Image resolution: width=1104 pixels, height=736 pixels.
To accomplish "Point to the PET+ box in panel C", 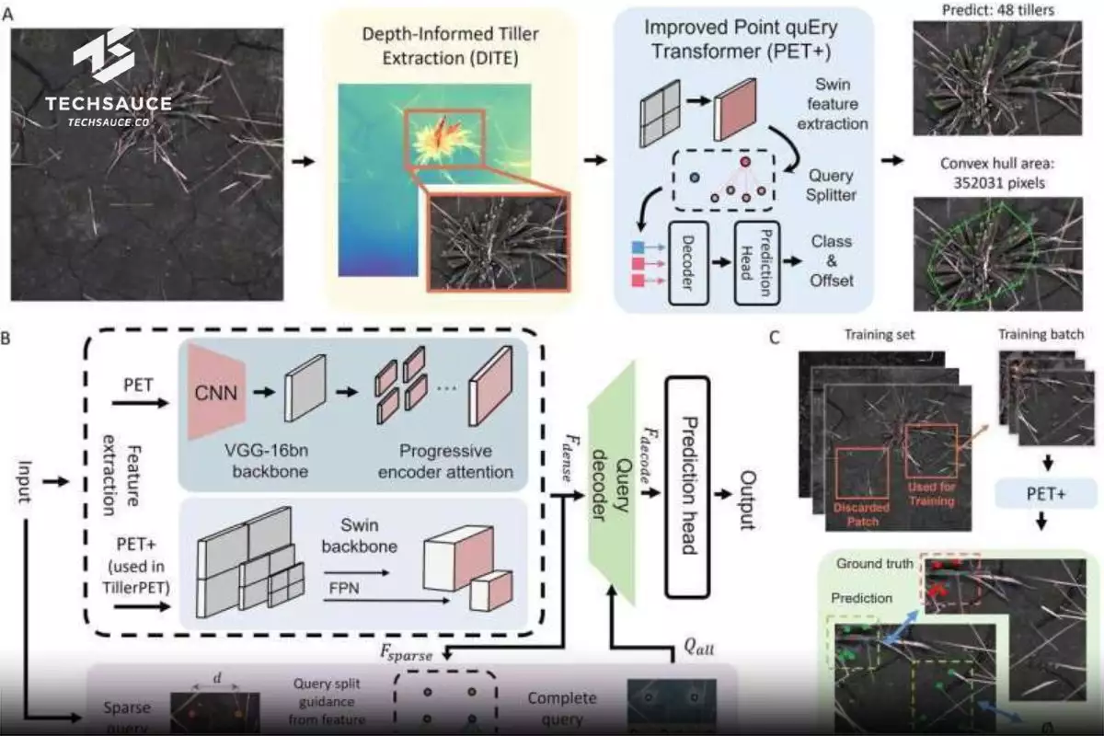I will tap(1041, 495).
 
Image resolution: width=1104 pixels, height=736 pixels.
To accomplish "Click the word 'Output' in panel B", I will tap(747, 502).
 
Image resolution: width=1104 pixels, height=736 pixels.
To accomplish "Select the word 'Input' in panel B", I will tap(25, 504).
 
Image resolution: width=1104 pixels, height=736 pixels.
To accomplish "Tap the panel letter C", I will tap(775, 337).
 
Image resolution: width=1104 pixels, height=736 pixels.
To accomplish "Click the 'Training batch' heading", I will tap(1041, 335).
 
